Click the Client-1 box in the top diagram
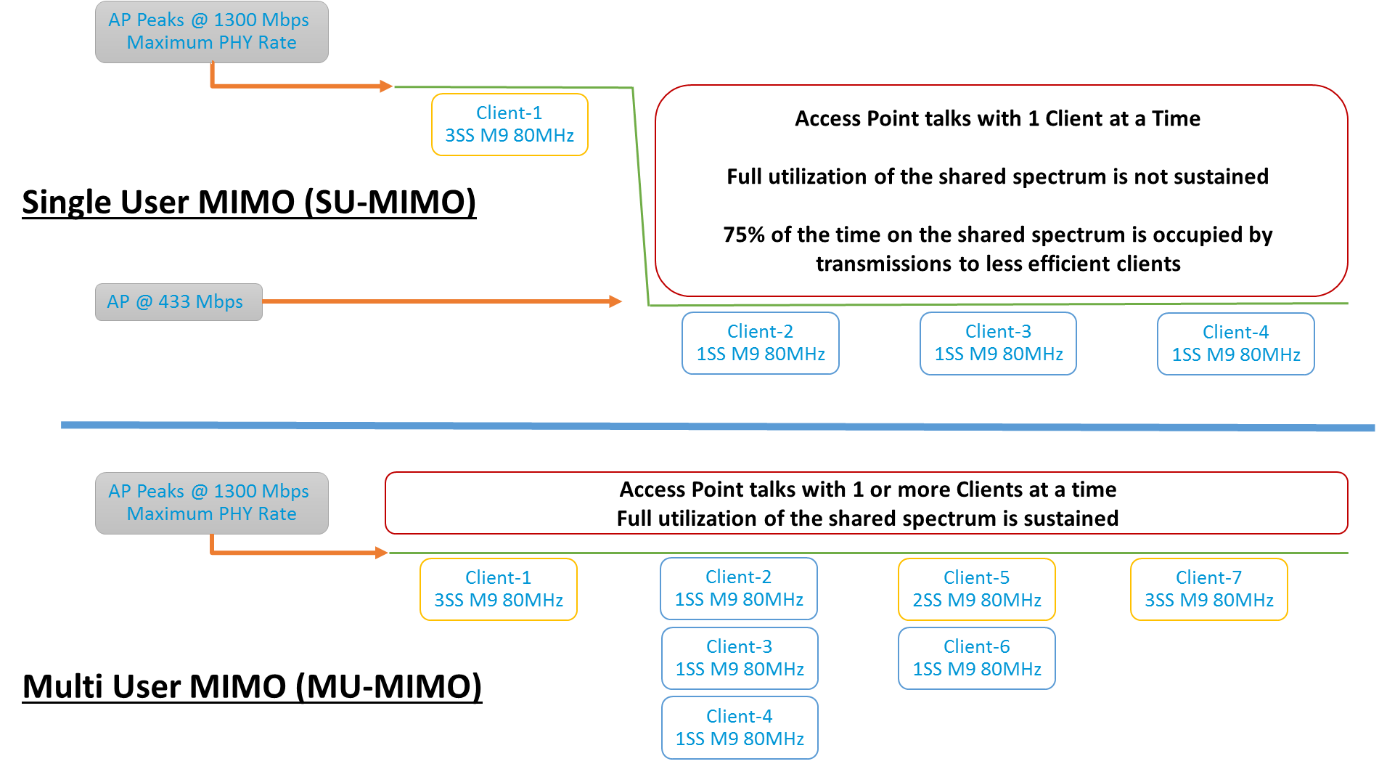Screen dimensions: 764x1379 coord(510,124)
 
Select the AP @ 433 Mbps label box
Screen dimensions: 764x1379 coord(179,301)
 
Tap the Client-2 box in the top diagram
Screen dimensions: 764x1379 coord(760,343)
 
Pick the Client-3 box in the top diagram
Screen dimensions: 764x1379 coord(998,343)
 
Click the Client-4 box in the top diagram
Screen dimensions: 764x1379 coord(1235,344)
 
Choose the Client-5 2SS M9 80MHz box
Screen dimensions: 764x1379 coord(976,589)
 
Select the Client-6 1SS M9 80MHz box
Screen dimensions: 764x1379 coord(976,658)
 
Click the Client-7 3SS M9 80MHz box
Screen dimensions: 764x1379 coord(1208,589)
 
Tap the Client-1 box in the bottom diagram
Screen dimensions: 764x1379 coord(498,589)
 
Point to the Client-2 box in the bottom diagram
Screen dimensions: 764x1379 coord(738,588)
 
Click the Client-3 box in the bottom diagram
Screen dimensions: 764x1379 coord(739,658)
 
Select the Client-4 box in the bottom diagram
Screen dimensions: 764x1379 coord(739,728)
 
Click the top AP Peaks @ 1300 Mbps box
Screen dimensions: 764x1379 coord(211,31)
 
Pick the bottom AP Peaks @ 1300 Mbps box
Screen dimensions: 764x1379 coord(211,503)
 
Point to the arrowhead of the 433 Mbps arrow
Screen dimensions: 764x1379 coord(615,301)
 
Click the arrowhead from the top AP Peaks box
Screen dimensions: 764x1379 coord(386,86)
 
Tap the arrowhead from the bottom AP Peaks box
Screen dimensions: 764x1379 coord(382,553)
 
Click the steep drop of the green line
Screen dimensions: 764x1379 coord(640,196)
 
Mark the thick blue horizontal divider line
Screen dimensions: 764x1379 coord(719,426)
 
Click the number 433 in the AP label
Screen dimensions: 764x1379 coord(173,301)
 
